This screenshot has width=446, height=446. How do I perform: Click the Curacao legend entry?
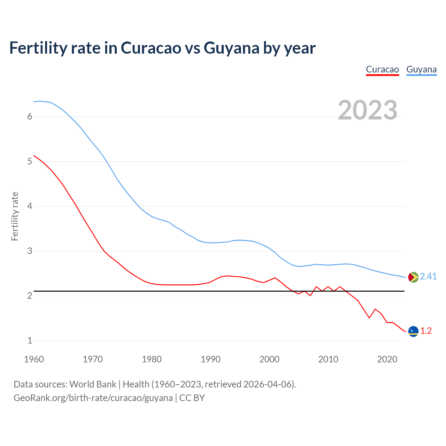click(382, 69)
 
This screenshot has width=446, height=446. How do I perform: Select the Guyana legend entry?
click(421, 69)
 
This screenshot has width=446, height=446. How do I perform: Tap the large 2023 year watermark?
click(367, 110)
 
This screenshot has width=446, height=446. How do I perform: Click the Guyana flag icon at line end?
click(413, 277)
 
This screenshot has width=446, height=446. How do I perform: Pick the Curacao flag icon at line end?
click(413, 331)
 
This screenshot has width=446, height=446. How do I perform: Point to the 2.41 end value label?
click(428, 276)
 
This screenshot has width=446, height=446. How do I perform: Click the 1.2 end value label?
click(426, 331)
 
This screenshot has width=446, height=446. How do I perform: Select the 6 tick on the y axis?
click(30, 117)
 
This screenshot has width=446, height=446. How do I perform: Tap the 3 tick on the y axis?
click(30, 251)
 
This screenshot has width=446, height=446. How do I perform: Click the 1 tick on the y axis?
click(30, 340)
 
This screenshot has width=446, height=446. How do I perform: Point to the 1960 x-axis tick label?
click(34, 359)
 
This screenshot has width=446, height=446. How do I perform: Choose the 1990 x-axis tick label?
click(210, 359)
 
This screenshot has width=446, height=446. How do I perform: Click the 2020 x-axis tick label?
click(387, 359)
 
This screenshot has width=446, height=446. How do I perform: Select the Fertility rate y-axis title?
click(15, 216)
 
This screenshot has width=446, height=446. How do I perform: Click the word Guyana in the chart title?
click(231, 48)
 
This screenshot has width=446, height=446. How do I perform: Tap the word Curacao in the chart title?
click(151, 48)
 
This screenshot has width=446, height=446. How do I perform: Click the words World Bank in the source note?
click(93, 384)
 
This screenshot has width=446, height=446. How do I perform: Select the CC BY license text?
click(192, 398)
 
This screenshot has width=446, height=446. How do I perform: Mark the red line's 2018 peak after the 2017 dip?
click(375, 309)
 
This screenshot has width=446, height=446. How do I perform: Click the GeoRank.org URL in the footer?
click(93, 398)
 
